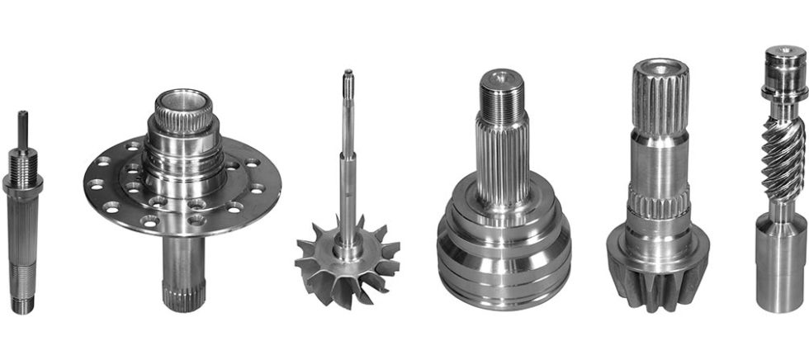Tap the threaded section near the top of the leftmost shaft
[x=23, y=161]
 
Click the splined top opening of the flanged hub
[x=182, y=104]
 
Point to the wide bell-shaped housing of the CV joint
[x=503, y=248]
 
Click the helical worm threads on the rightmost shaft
[x=782, y=161]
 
